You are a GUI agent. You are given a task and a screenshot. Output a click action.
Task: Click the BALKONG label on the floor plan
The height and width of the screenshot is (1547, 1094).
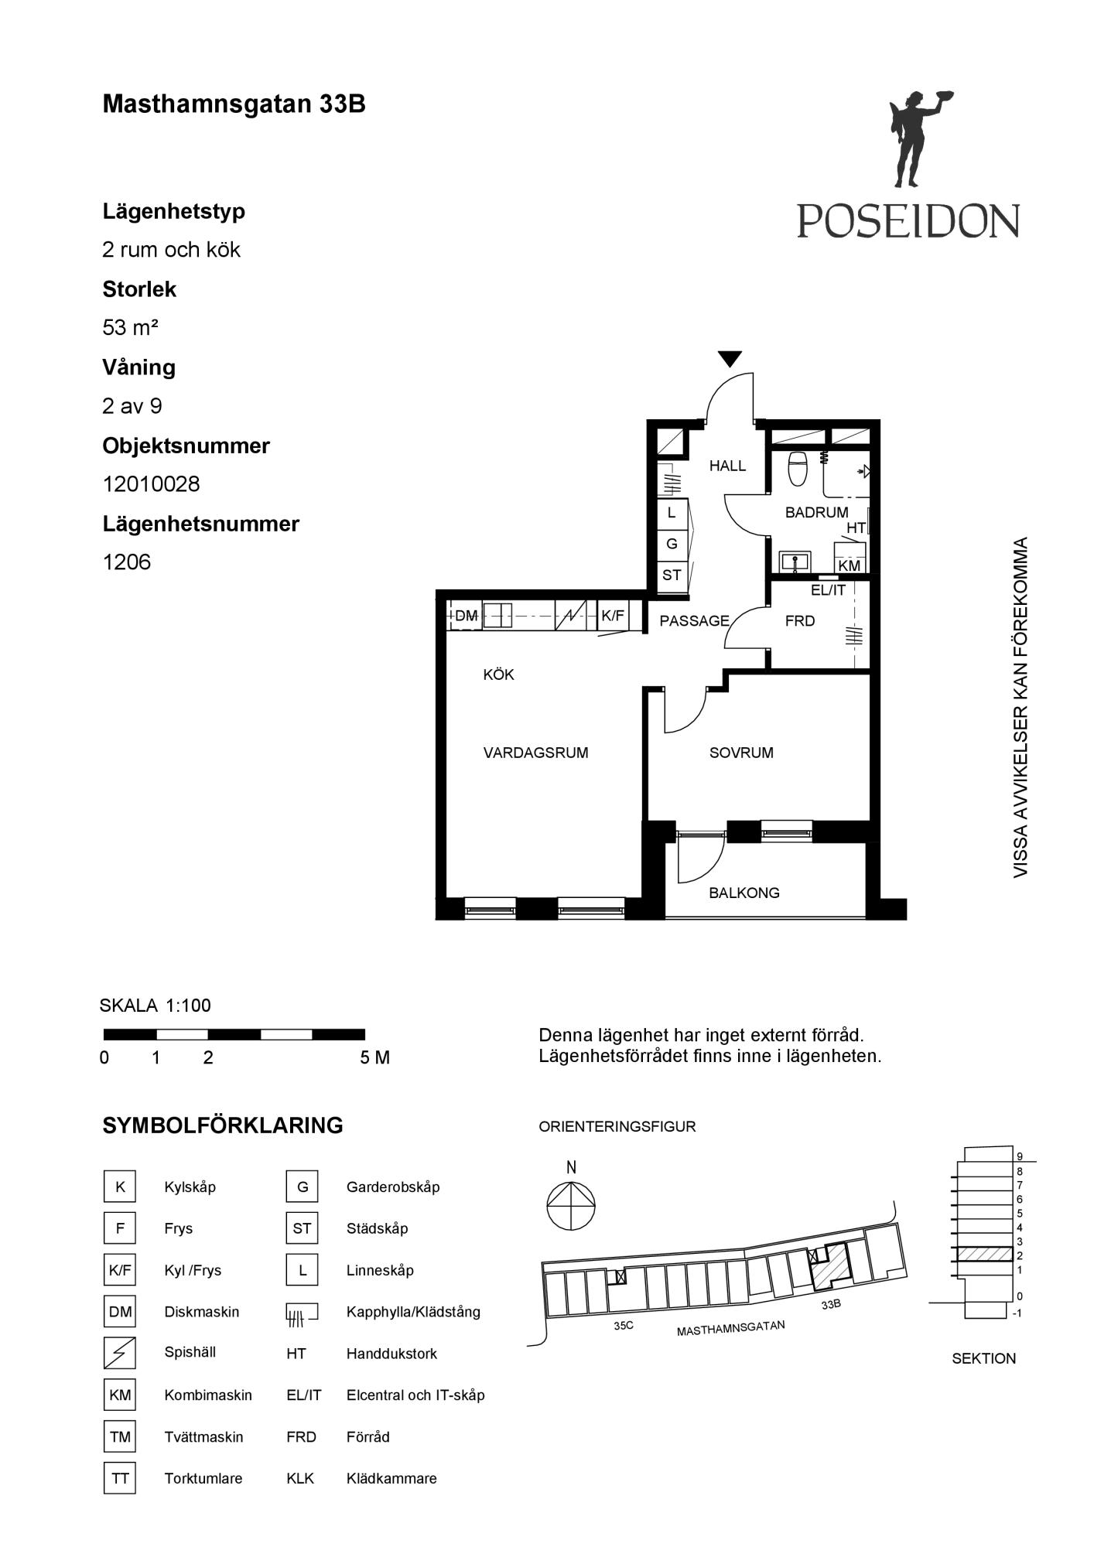[x=744, y=893]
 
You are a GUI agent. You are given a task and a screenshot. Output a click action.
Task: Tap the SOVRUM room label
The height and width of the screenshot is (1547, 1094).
[x=741, y=753]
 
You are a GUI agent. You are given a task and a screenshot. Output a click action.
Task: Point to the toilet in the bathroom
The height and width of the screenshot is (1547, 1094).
[x=797, y=468]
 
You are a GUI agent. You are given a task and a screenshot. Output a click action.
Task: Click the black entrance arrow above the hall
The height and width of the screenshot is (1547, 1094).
[x=730, y=359]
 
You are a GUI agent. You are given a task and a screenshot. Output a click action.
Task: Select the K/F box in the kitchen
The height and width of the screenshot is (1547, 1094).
[x=613, y=616]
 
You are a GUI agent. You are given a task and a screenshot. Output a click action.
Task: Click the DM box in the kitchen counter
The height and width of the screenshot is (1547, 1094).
[x=466, y=616]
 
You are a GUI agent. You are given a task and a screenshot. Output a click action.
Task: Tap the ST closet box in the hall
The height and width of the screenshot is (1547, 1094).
[x=672, y=575]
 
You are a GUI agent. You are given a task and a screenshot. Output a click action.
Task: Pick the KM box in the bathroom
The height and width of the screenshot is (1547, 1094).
[x=850, y=565]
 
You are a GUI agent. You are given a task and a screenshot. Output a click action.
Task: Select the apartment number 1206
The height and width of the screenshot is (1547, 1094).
[x=127, y=562]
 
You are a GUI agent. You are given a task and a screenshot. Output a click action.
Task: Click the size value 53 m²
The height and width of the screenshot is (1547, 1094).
[x=130, y=328]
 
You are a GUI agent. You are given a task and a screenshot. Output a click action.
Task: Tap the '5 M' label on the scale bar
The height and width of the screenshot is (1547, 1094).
[x=374, y=1057]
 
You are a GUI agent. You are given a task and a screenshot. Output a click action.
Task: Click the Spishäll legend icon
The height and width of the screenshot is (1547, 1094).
[x=120, y=1353]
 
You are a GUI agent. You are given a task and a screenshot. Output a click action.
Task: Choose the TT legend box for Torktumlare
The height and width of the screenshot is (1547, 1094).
[x=120, y=1478]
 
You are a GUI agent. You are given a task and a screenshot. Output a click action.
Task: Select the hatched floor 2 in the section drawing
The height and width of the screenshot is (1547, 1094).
[x=984, y=1255]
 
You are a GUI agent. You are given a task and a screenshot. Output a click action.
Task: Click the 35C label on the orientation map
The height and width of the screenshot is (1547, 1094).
[x=624, y=1325]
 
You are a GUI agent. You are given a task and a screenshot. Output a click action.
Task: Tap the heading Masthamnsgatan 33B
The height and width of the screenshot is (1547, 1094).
[x=234, y=104]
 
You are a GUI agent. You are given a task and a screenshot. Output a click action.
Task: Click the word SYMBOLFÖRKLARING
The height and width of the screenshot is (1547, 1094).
[x=223, y=1125]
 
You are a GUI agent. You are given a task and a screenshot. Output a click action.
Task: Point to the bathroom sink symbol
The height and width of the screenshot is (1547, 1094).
[x=795, y=561]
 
